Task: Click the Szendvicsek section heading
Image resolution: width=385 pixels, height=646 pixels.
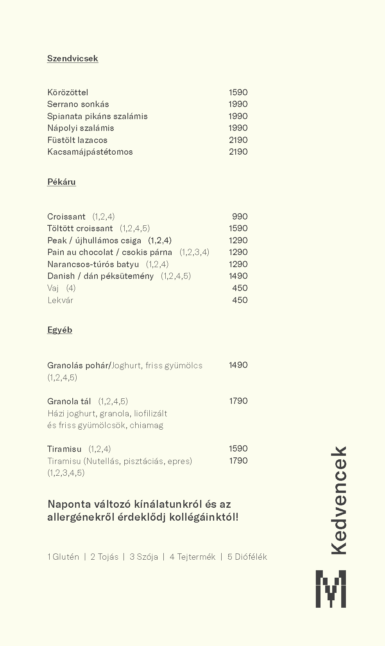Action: point(72,59)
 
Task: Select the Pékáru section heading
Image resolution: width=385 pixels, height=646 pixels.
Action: point(61,182)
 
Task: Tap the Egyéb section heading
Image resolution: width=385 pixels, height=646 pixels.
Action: point(59,330)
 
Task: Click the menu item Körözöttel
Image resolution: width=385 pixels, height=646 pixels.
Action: point(68,93)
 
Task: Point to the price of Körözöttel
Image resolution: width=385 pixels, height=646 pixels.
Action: point(238,93)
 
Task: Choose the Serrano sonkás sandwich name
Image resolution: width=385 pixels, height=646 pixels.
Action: point(78,104)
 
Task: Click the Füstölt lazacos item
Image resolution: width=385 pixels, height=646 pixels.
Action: point(77,140)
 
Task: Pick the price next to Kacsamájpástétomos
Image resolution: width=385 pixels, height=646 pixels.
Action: point(238,152)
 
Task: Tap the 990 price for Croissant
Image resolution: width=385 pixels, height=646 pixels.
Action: point(240,217)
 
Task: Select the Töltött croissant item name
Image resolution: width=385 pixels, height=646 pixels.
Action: point(80,228)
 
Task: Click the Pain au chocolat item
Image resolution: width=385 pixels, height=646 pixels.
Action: point(109,252)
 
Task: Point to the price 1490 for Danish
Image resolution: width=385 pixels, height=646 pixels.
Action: point(238,276)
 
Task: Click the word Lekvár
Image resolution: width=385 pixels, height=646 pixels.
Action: point(60,300)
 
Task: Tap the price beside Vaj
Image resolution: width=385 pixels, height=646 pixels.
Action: point(240,288)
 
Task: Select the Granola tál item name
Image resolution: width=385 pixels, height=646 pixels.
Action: point(69,402)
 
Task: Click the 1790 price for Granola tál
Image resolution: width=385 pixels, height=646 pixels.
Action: point(238,401)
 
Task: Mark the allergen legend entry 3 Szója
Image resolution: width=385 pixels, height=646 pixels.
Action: point(144,557)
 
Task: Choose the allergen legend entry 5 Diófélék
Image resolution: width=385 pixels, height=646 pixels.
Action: point(247,557)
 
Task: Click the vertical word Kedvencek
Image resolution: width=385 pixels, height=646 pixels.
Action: point(338,500)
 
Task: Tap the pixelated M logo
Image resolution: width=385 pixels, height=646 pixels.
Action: point(331,589)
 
